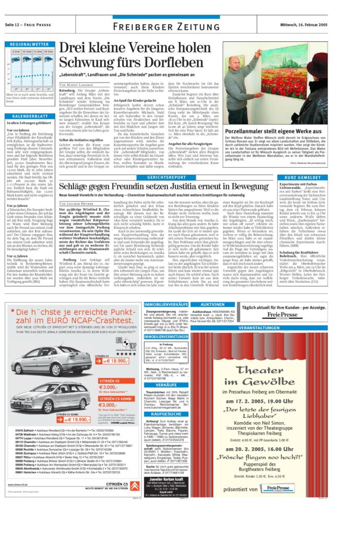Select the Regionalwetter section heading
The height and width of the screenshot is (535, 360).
(x=30, y=45)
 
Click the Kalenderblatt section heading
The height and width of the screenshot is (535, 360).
(x=30, y=116)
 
